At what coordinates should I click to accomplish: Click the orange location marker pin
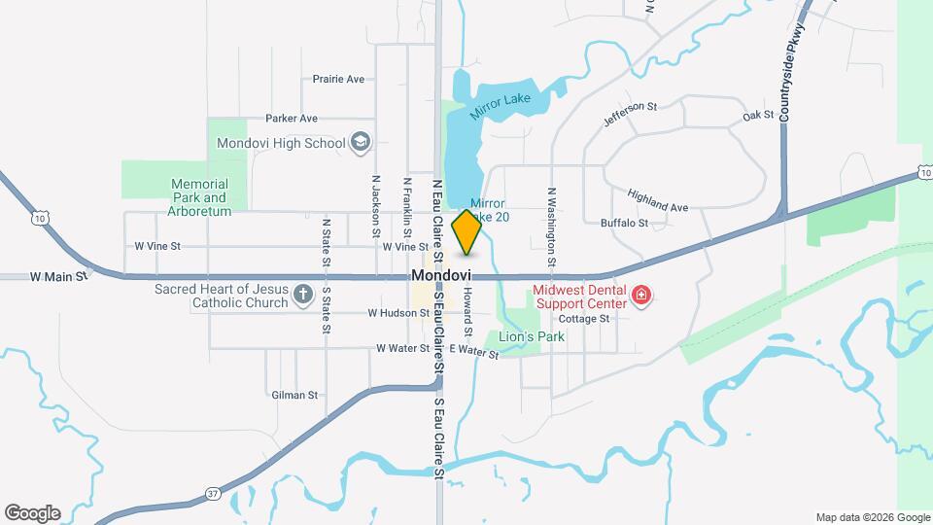pyautogui.click(x=466, y=231)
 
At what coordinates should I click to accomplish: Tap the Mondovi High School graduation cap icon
pyautogui.click(x=361, y=144)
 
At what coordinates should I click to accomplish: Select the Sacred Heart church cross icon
pyautogui.click(x=302, y=294)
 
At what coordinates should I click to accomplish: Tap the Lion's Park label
pyautogui.click(x=531, y=336)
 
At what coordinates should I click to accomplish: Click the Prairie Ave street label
pyautogui.click(x=338, y=79)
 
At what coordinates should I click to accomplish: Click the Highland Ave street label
pyautogui.click(x=657, y=200)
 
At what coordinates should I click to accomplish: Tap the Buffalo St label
pyautogui.click(x=624, y=223)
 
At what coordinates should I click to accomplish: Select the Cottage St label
pyautogui.click(x=583, y=318)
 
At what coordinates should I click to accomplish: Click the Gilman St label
pyautogui.click(x=294, y=395)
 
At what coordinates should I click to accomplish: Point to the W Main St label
pyautogui.click(x=58, y=277)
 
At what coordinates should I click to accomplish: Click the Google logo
pyautogui.click(x=32, y=512)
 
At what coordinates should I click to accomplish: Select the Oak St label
pyautogui.click(x=757, y=115)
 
